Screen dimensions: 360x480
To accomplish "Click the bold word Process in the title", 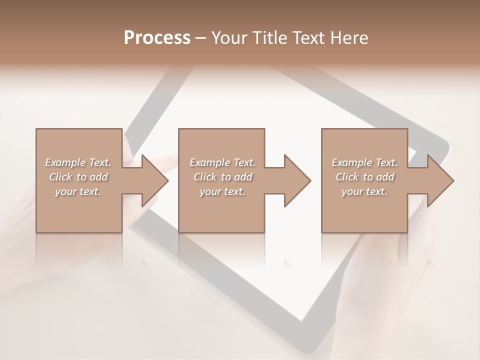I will (x=157, y=38).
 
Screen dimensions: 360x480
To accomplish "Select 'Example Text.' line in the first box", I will (x=78, y=162).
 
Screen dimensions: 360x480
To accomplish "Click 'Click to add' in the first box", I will (x=78, y=177).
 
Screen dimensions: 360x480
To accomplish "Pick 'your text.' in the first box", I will (x=78, y=191).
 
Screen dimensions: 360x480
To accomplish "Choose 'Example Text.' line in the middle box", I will (x=222, y=162).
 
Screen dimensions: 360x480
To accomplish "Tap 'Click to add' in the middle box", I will (x=222, y=177).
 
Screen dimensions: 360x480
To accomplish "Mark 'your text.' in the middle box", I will (x=222, y=191).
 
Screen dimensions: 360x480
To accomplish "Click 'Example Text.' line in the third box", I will (x=364, y=162).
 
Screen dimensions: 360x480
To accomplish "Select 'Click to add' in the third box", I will (x=364, y=177).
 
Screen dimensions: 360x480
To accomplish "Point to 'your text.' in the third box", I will (x=364, y=191).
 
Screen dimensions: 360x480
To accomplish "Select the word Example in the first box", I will (x=65, y=162).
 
